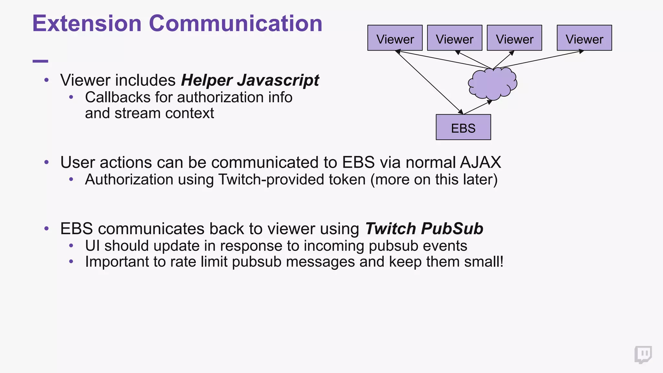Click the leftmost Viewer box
pyautogui.click(x=395, y=38)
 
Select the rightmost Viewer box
pyautogui.click(x=584, y=38)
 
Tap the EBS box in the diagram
pyautogui.click(x=463, y=127)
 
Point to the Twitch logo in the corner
pyautogui.click(x=643, y=355)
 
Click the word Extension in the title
pyautogui.click(x=87, y=24)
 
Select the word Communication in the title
pyautogui.click(x=235, y=24)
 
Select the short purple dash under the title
pyautogui.click(x=40, y=61)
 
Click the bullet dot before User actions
pyautogui.click(x=47, y=162)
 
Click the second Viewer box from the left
pyautogui.click(x=455, y=38)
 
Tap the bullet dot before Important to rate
pyautogui.click(x=71, y=262)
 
